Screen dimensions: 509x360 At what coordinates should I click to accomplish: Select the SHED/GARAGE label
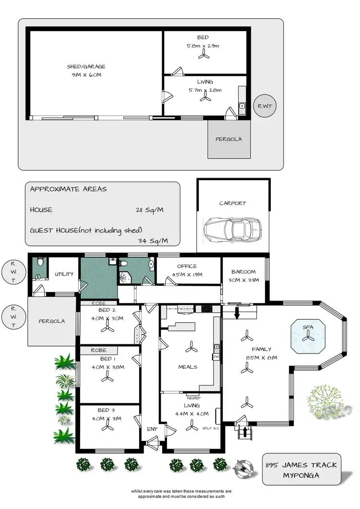click(86, 67)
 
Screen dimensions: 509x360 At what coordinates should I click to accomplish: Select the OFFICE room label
click(187, 267)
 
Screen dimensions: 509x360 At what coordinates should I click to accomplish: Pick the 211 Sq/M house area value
click(151, 210)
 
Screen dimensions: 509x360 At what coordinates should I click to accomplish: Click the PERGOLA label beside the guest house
click(228, 139)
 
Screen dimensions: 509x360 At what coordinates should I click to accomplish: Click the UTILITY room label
click(64, 274)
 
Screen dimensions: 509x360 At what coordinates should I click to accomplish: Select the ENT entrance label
click(152, 428)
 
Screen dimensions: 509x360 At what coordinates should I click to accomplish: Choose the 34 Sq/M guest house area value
click(153, 241)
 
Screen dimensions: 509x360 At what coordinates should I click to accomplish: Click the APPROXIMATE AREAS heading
click(68, 189)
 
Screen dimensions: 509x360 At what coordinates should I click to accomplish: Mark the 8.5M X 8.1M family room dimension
click(262, 358)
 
